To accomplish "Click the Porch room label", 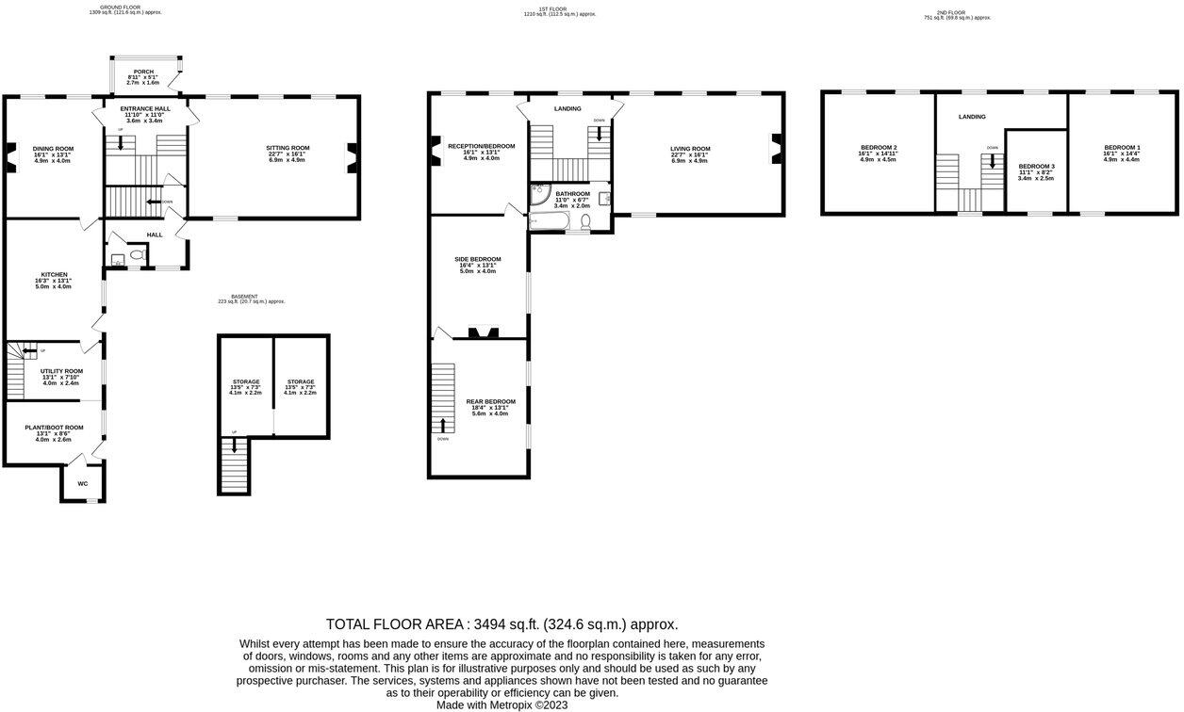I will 143,72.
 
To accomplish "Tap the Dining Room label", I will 53,149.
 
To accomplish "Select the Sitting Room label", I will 288,148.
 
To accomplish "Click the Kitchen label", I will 54,275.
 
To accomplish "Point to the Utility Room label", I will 61,371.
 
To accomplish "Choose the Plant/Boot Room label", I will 54,428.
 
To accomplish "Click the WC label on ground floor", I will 83,484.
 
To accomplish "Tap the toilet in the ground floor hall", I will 137,255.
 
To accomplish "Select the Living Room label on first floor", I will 690,149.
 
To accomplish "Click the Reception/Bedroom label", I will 481,146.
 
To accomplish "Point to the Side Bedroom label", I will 478,259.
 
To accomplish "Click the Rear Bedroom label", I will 490,401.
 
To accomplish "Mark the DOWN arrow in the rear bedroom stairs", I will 443,425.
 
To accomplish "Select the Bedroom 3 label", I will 1036,167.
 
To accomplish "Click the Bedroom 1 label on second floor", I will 1122,148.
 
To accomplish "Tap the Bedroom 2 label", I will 879,148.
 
